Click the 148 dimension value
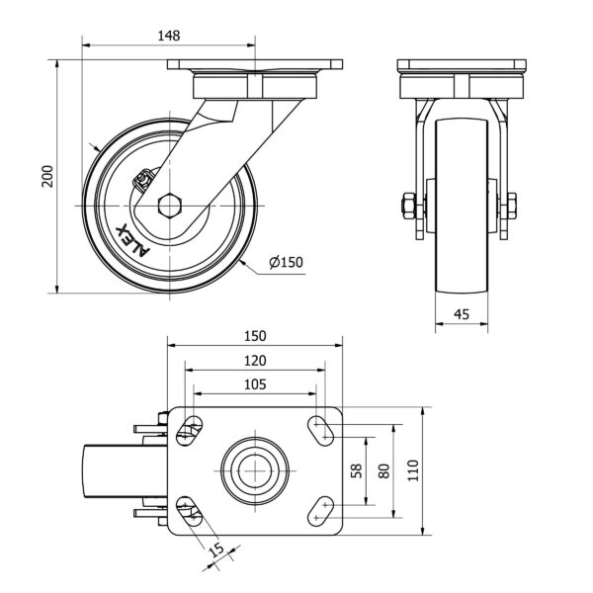coord(169,36)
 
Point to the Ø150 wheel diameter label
coord(285,262)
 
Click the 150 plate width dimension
coord(255,336)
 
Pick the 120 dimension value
coord(255,361)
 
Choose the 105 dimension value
coord(255,384)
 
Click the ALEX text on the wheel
coord(132,237)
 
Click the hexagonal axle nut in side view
coord(168,206)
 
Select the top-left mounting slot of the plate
coord(190,429)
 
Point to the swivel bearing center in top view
coord(255,469)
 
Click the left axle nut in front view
coord(406,208)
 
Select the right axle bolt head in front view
coord(510,208)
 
